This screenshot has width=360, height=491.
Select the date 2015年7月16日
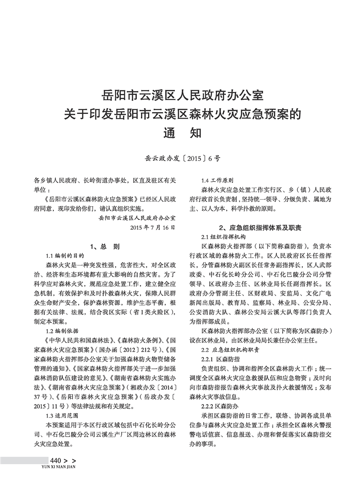pyautogui.click(x=152, y=227)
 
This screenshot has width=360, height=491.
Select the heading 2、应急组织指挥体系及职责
pyautogui.click(x=260, y=228)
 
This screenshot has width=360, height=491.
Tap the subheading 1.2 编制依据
pyautogui.click(x=62, y=331)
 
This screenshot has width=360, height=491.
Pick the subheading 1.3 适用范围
pyautogui.click(x=62, y=415)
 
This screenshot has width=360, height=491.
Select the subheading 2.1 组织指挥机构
pyautogui.click(x=223, y=236)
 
